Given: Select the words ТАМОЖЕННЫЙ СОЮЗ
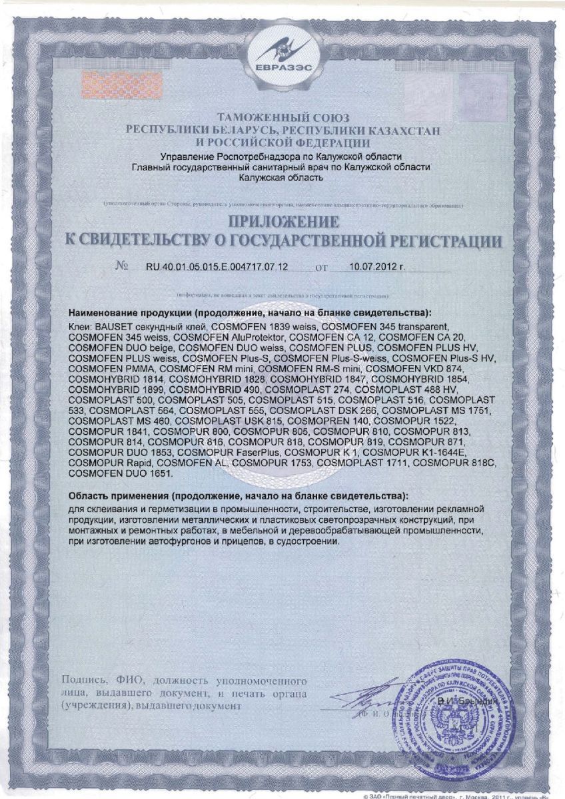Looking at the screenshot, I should point(282,117).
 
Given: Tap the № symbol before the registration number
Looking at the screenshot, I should point(122,266).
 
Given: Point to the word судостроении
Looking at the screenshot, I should point(309,542).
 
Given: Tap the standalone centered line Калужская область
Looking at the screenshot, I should point(282,178).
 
